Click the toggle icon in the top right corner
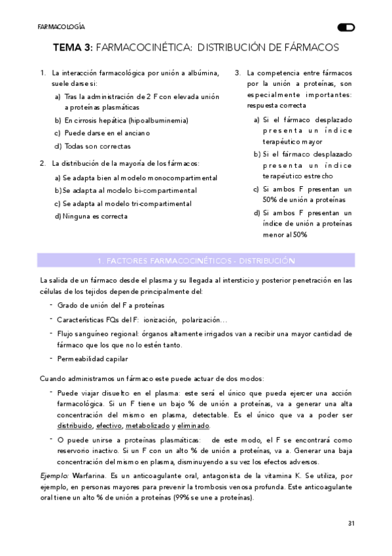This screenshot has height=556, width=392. click(x=346, y=28)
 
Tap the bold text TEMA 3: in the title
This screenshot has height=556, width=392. click(x=75, y=48)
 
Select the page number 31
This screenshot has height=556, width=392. click(x=351, y=523)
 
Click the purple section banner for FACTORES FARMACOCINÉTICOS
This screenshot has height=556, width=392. click(x=196, y=260)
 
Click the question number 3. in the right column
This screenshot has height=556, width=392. click(x=238, y=72)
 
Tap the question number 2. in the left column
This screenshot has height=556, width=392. click(x=43, y=163)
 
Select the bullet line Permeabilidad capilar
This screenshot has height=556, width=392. click(x=92, y=358)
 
